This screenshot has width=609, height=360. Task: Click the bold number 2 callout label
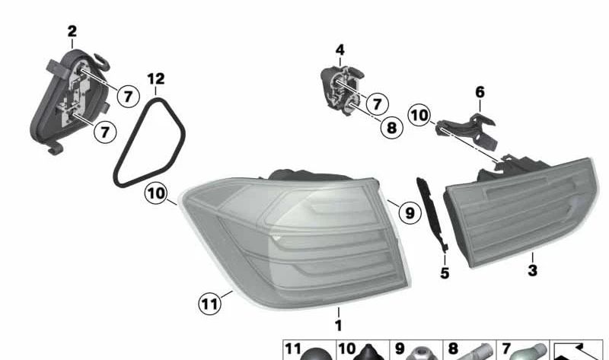point(72,31)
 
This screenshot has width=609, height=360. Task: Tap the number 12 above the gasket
point(156,79)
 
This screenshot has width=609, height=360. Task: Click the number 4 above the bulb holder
point(340,49)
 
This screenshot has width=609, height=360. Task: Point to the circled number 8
point(391,127)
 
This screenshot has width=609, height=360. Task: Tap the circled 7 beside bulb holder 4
point(377,104)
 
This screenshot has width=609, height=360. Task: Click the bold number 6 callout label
point(480,92)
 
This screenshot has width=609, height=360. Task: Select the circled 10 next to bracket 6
point(419,116)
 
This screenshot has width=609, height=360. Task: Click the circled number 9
point(410,212)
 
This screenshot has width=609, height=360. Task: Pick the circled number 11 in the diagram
point(210,304)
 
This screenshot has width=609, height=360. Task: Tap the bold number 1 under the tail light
point(338,326)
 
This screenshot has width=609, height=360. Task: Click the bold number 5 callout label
point(445,273)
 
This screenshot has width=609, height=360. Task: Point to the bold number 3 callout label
point(532,270)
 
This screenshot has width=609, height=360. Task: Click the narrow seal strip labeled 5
point(430,214)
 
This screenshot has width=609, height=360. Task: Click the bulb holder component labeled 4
point(341,91)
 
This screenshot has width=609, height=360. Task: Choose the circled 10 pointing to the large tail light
point(156,193)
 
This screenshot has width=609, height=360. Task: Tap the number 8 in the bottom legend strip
point(453,349)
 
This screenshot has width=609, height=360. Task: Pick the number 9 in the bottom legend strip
point(400,349)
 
